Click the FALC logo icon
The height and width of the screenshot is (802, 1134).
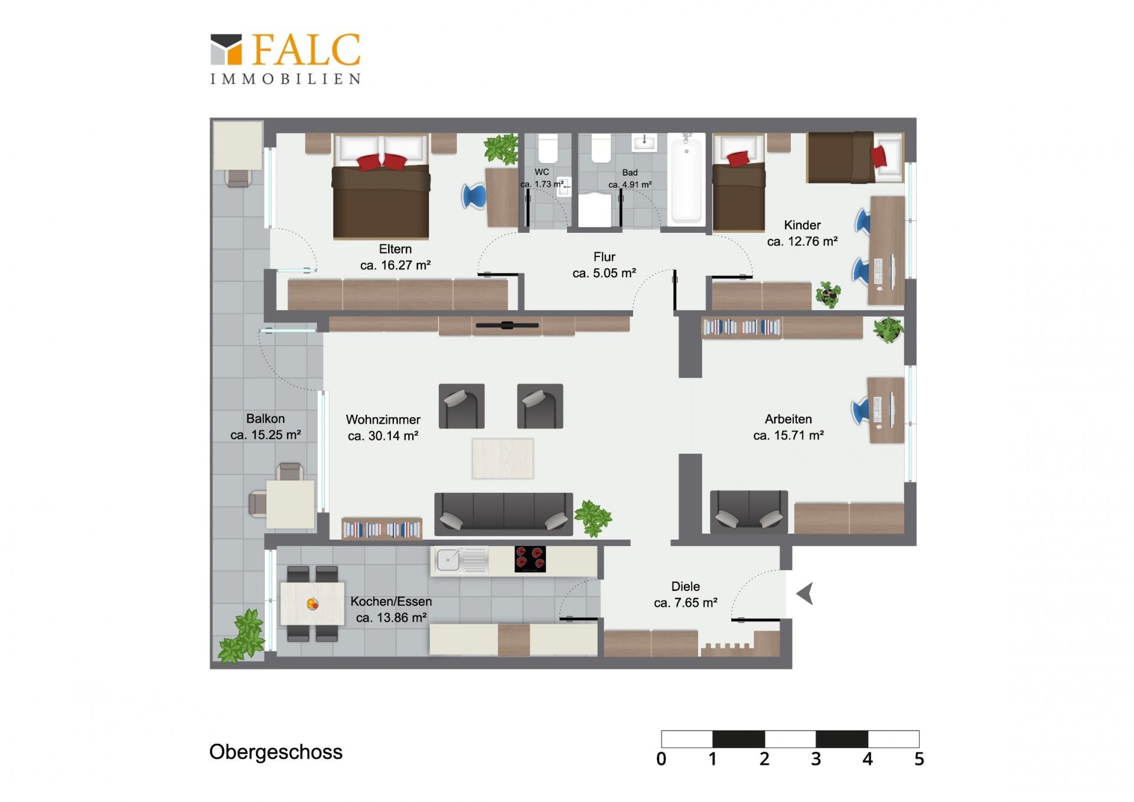point(226,49)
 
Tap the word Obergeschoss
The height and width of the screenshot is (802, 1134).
point(276,752)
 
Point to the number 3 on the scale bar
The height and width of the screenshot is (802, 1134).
point(816,759)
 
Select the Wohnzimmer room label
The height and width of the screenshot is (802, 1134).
point(383,420)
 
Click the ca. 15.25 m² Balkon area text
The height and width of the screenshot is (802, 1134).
point(266,435)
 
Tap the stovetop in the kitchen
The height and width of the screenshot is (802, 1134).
point(530,559)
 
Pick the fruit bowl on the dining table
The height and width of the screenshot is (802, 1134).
point(312,604)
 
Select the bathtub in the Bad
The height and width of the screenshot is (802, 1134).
point(686,179)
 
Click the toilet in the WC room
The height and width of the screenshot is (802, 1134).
point(548,148)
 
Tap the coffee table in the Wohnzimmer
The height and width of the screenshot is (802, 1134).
point(503,459)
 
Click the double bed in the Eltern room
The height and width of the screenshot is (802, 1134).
point(381,187)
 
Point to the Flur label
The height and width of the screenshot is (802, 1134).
point(604,257)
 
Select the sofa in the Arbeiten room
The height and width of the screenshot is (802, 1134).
point(748,512)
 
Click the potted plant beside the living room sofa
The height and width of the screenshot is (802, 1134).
point(593,518)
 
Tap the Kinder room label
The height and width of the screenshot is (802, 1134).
point(802,225)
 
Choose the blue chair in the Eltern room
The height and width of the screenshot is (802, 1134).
point(474,196)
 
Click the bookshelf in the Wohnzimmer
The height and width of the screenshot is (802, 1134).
point(382,528)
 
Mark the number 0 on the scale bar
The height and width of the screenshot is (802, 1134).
point(661,759)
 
